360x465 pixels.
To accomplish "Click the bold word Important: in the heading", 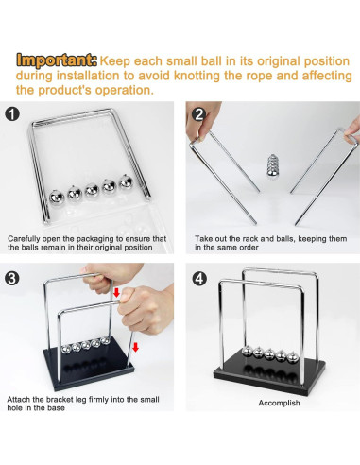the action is coord(57,60).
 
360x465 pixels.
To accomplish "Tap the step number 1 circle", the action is coord(12,114).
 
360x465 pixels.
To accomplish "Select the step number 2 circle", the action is coord(199,114).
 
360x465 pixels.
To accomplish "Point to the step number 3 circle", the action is coord(12,279).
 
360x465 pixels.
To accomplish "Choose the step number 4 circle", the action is coord(199,279).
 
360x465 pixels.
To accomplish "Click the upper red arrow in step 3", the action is coord(116,292).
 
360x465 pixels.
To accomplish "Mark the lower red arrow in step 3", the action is coord(135,347).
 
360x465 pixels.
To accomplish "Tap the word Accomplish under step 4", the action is coord(279,403).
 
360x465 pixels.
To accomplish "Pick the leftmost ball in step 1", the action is coord(57,198).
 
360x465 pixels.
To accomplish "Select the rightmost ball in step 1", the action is coord(126,181).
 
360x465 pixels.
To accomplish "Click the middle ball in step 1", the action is coord(92,190).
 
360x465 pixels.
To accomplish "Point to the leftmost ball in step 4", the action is coord(248,352).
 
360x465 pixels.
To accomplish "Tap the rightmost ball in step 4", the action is coord(293,358).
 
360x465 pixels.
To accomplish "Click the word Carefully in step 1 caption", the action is coord(24,239).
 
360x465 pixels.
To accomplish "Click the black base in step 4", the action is coord(269,375).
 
